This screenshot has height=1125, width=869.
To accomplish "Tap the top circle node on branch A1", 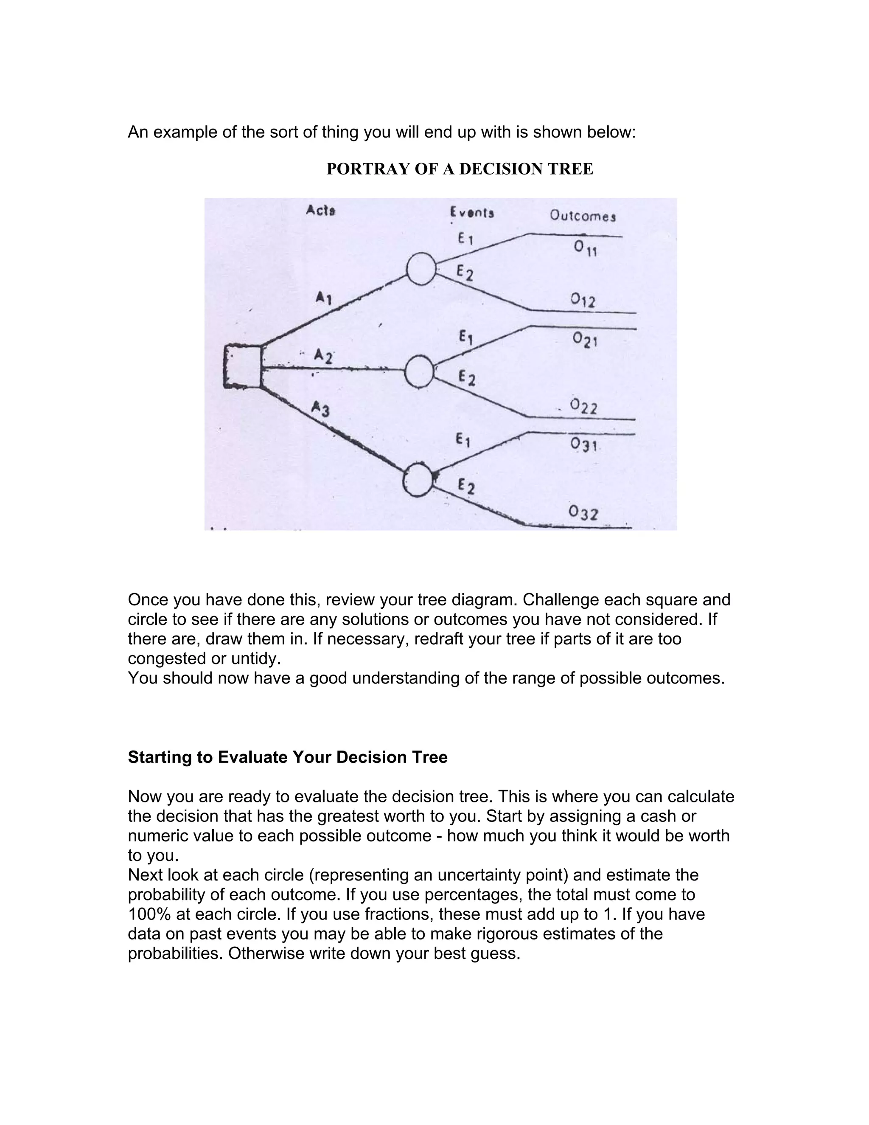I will pos(421,269).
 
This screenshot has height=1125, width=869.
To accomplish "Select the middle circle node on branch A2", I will pos(420,371).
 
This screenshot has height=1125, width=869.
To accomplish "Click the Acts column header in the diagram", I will pos(321,210).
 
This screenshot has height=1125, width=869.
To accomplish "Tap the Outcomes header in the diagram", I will pos(582,215).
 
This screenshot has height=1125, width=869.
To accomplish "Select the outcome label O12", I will pos(583,300).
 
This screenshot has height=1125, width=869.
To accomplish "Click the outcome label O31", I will pos(584,444).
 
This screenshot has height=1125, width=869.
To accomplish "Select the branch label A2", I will pos(324,355).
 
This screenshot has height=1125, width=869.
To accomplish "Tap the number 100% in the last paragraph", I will pos(149,914).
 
